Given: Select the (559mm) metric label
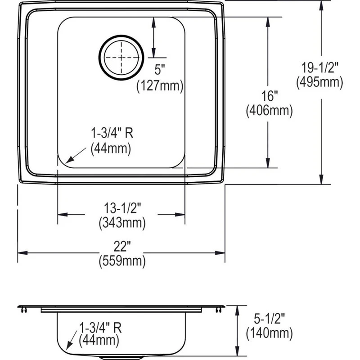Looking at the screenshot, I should [x=122, y=261].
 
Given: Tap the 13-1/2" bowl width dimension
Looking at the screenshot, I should [x=122, y=208].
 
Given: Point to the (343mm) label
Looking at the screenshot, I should [x=122, y=222].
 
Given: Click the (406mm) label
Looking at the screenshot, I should [x=269, y=111].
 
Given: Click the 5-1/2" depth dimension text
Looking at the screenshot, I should [x=269, y=319].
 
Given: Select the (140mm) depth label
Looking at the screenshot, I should [x=269, y=333].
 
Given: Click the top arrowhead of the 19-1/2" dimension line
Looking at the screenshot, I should [x=321, y=4].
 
